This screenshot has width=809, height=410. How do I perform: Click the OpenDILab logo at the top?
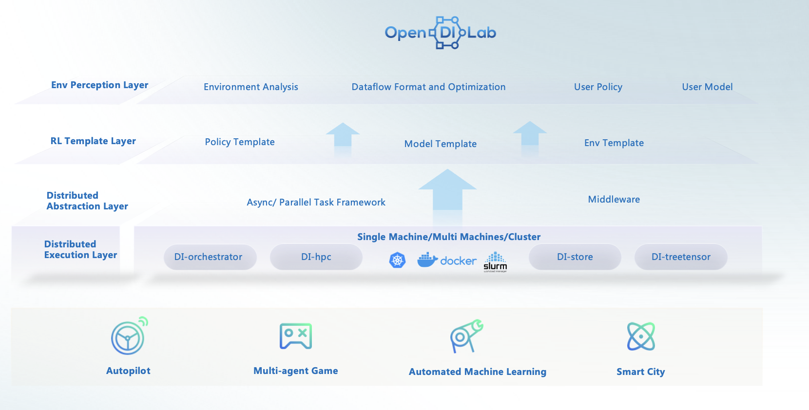[x=441, y=33]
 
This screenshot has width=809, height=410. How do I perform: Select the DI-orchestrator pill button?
[x=209, y=257]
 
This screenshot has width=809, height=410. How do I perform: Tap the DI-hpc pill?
[x=316, y=257]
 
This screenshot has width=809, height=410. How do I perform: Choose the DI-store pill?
[x=575, y=257]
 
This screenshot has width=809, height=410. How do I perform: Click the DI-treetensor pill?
[x=681, y=257]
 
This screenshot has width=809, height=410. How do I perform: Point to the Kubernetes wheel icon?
[x=397, y=261]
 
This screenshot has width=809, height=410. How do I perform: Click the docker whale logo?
[x=427, y=260]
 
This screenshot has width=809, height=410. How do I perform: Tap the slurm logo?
[x=495, y=261]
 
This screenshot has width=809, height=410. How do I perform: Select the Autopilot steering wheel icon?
[x=128, y=337]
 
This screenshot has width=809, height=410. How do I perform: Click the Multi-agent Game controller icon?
[x=296, y=336]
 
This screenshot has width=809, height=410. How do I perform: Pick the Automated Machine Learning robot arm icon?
[x=466, y=336]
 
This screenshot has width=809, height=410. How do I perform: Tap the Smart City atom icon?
[x=641, y=336]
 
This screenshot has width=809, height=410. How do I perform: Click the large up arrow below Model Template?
[x=447, y=195]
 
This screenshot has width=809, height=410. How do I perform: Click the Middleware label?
[x=614, y=200]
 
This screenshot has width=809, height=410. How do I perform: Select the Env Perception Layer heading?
[x=99, y=85]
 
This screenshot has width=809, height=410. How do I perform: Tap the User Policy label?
[x=598, y=87]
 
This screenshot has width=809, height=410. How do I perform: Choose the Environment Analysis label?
[x=251, y=87]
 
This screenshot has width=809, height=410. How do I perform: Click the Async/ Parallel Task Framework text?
[x=316, y=203]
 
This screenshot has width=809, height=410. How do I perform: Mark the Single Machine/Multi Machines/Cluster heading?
[x=449, y=237]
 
